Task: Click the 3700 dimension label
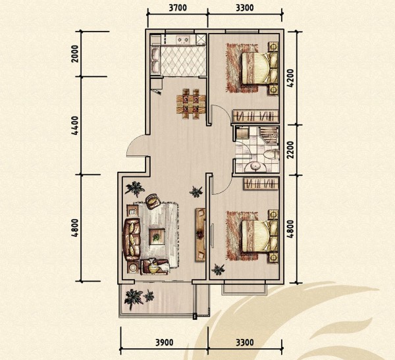178,8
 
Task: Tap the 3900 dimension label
164,343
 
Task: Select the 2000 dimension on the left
75,54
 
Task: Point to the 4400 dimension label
75,125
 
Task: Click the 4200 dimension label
290,78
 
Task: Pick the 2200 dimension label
290,149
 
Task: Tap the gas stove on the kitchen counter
183,39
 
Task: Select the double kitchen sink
155,60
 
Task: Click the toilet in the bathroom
271,154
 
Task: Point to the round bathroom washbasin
254,167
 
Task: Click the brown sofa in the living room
131,239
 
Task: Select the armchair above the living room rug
153,201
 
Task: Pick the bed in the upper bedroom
260,68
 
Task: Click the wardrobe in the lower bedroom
261,184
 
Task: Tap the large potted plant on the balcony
133,299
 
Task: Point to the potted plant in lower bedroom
218,269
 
